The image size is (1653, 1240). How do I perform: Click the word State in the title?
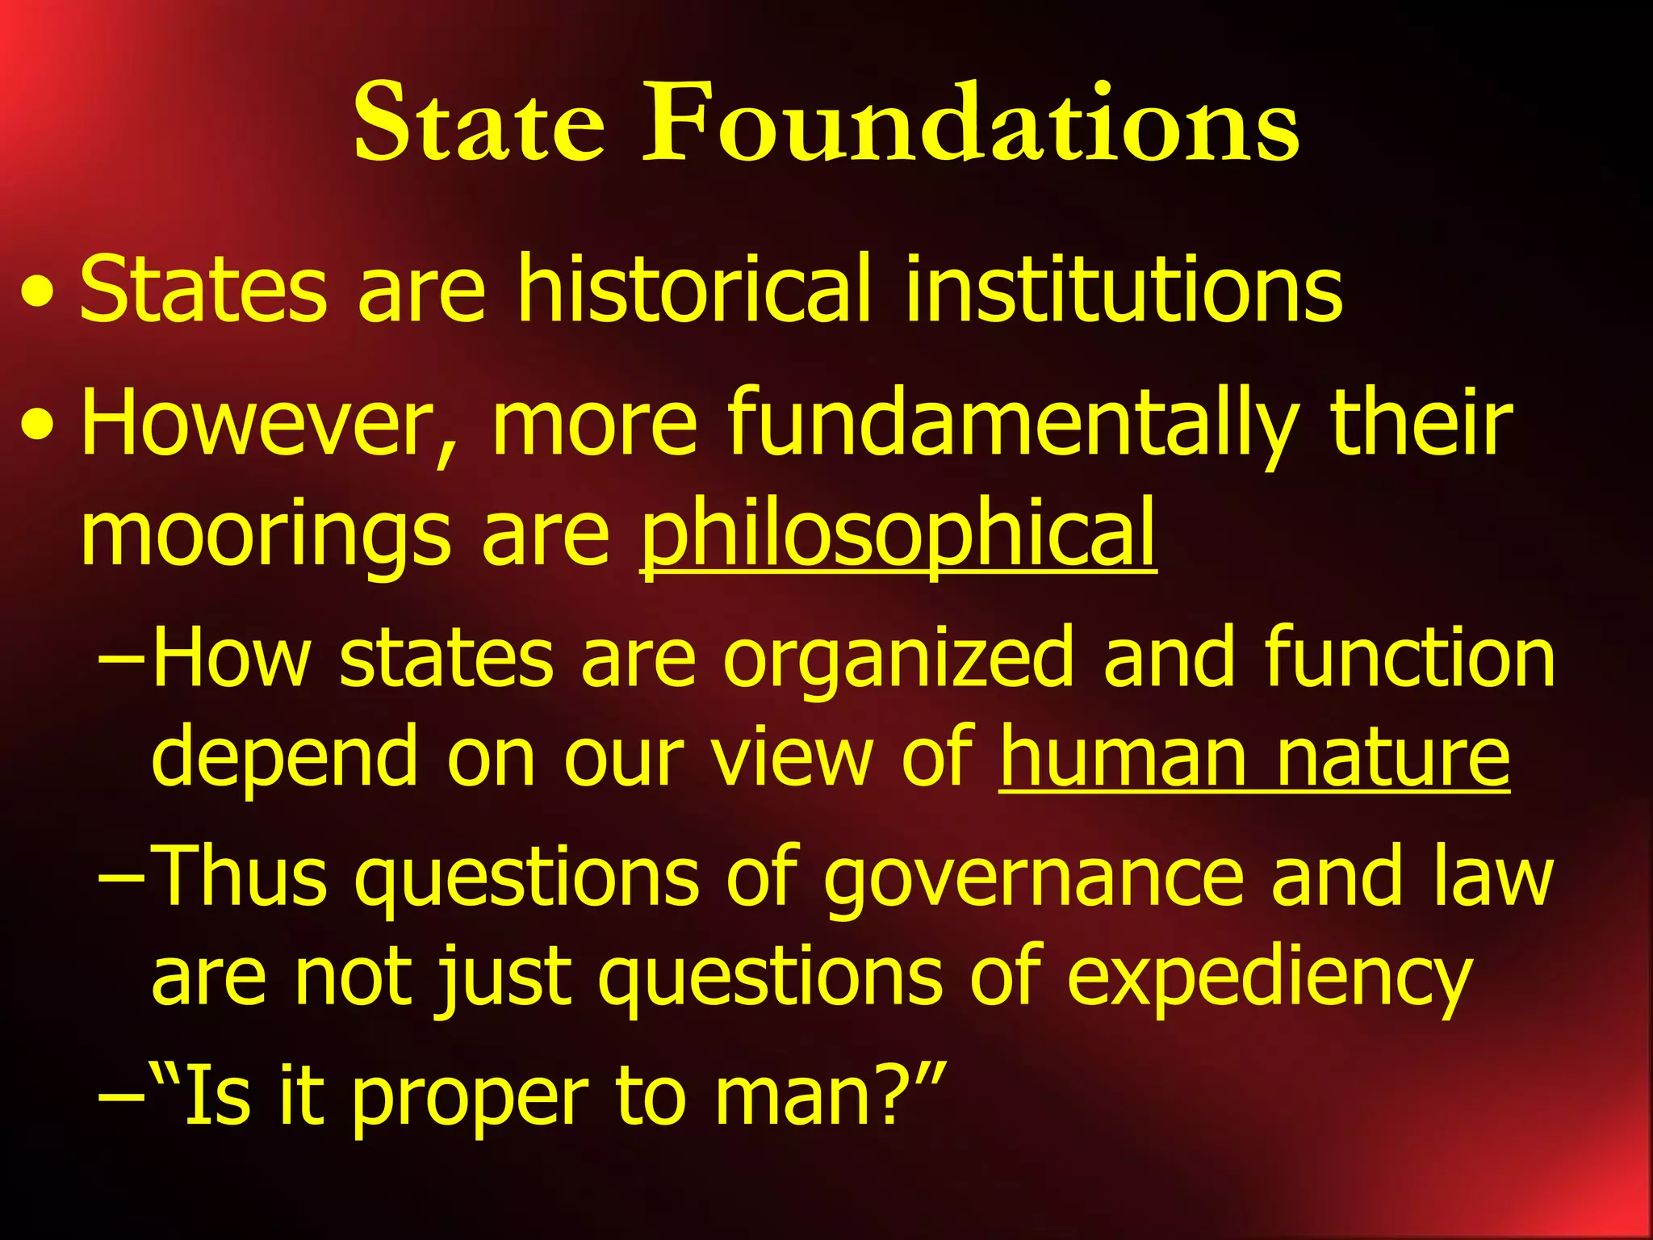point(479,123)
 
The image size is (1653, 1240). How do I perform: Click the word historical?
point(694,289)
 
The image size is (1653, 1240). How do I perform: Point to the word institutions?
point(1124,289)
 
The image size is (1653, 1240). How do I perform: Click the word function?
point(1408,658)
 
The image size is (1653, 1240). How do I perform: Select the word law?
point(1493,876)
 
